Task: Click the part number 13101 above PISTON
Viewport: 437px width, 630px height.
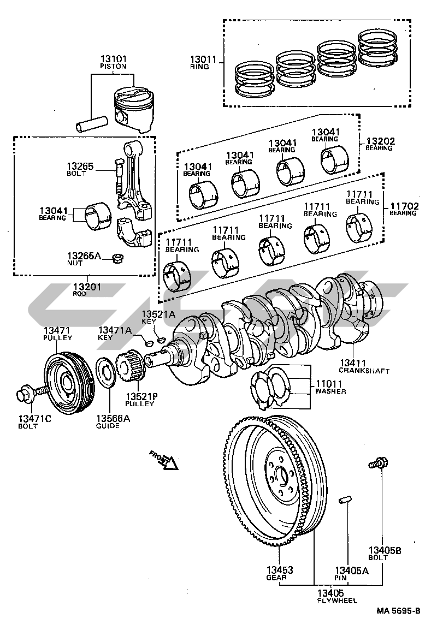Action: pyautogui.click(x=113, y=59)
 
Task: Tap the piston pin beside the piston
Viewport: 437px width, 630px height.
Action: pyautogui.click(x=92, y=123)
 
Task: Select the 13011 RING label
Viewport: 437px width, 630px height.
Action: pyautogui.click(x=203, y=63)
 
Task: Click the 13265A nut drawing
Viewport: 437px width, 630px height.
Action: pyautogui.click(x=117, y=257)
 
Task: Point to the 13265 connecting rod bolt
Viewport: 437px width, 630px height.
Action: pyautogui.click(x=118, y=176)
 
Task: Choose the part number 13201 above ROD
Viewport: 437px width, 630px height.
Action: pyautogui.click(x=87, y=287)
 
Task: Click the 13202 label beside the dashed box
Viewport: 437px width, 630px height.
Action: pyautogui.click(x=380, y=144)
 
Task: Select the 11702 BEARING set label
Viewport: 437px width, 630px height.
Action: pyautogui.click(x=404, y=209)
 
